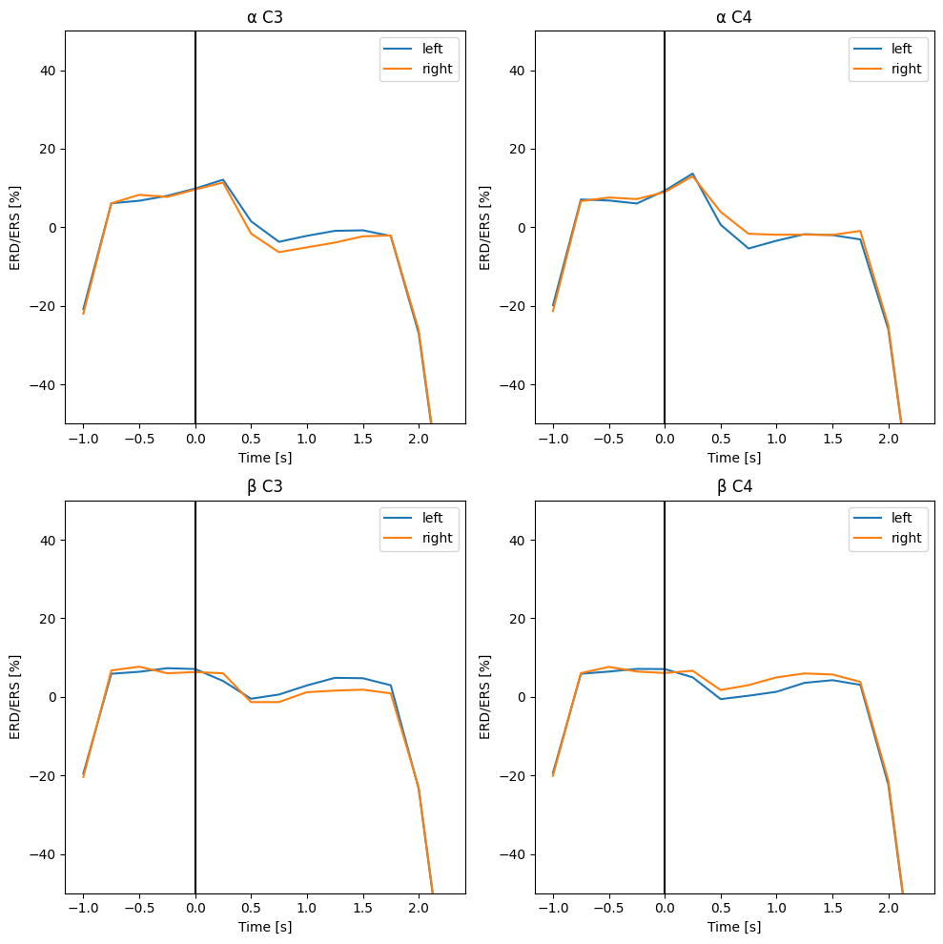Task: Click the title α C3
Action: click(x=265, y=17)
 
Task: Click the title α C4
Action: click(x=734, y=17)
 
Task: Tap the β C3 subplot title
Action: click(x=265, y=486)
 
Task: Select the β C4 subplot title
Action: click(x=734, y=486)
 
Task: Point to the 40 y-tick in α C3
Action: click(x=48, y=71)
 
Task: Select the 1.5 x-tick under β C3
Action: click(x=362, y=908)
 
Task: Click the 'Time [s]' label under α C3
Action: click(x=265, y=458)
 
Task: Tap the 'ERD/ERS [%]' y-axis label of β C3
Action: click(x=16, y=697)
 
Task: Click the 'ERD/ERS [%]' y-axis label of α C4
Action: click(x=485, y=227)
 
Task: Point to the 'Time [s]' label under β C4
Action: click(x=734, y=927)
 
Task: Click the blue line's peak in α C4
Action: click(x=692, y=174)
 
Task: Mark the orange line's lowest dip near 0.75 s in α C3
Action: click(x=279, y=252)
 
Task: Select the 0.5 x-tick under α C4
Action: click(x=720, y=439)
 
